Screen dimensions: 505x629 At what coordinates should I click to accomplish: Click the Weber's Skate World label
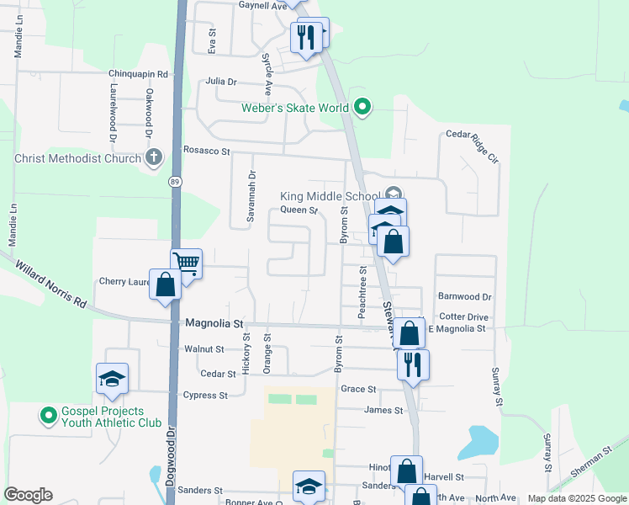point(295,108)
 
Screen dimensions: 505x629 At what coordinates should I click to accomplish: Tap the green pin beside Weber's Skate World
point(362,106)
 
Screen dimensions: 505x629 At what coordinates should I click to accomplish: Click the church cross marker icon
point(153,157)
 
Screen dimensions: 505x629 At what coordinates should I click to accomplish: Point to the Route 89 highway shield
point(175,181)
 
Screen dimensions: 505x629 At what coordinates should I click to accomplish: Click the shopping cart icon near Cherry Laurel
point(186,263)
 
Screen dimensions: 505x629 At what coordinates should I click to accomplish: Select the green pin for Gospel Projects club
point(49,415)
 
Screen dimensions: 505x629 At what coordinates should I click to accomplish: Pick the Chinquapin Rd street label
point(139,74)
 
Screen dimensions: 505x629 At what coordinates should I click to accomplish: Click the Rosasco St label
point(207,151)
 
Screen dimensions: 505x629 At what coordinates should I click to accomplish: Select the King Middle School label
point(330,196)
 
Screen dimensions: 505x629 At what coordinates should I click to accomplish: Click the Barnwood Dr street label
point(464,296)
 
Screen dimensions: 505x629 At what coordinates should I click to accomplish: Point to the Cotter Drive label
point(464,316)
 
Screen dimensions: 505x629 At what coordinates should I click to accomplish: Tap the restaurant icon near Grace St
point(412,364)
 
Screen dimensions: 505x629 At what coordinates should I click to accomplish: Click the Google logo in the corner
point(28,495)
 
